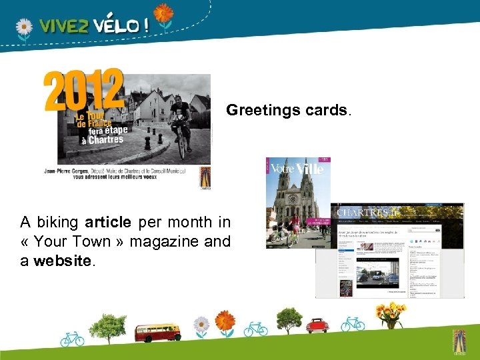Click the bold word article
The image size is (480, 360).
tap(112, 222)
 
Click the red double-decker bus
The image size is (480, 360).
tap(157, 331)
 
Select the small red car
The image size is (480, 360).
tap(317, 325)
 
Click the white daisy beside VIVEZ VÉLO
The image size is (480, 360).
tap(24, 28)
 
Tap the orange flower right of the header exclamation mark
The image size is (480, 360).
tap(163, 15)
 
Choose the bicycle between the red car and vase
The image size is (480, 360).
tap(353, 324)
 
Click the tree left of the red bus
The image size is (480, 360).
tap(108, 326)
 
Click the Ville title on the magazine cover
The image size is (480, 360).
tap(309, 169)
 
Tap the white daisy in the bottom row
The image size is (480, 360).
tap(201, 325)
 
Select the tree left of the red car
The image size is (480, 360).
tap(289, 319)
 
